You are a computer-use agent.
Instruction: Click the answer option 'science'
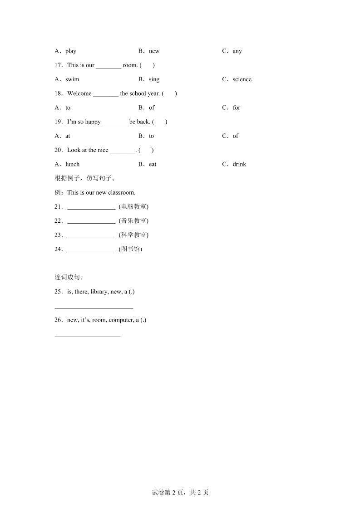pos(242,79)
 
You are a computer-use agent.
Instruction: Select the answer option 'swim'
pos(72,79)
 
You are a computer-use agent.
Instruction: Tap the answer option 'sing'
pos(154,79)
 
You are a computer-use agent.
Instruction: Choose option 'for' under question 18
pos(236,108)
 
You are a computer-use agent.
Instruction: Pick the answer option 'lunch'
pos(72,164)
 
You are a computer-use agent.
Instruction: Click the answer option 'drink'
pos(239,164)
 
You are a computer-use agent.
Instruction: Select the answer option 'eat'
pos(153,164)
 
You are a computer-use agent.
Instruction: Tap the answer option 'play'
pos(71,51)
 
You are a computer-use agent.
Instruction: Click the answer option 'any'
pos(237,51)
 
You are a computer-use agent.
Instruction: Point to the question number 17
pos(59,65)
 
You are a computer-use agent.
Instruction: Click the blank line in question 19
pos(115,122)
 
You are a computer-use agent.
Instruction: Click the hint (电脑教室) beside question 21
pos(133,207)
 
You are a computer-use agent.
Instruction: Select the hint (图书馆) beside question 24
pos(130,249)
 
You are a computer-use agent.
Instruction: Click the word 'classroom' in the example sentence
pos(122,193)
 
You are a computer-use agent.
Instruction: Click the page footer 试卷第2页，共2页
pos(180,493)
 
